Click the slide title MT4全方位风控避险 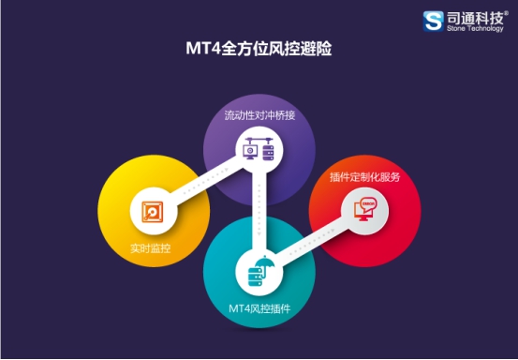point(259,47)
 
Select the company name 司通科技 point(473,16)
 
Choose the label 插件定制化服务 point(366,177)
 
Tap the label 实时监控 point(150,247)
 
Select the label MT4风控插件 point(259,307)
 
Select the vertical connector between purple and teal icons point(265,211)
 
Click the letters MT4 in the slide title point(200,47)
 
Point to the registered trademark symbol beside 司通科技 point(508,10)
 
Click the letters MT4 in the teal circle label point(238,307)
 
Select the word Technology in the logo point(483,29)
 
